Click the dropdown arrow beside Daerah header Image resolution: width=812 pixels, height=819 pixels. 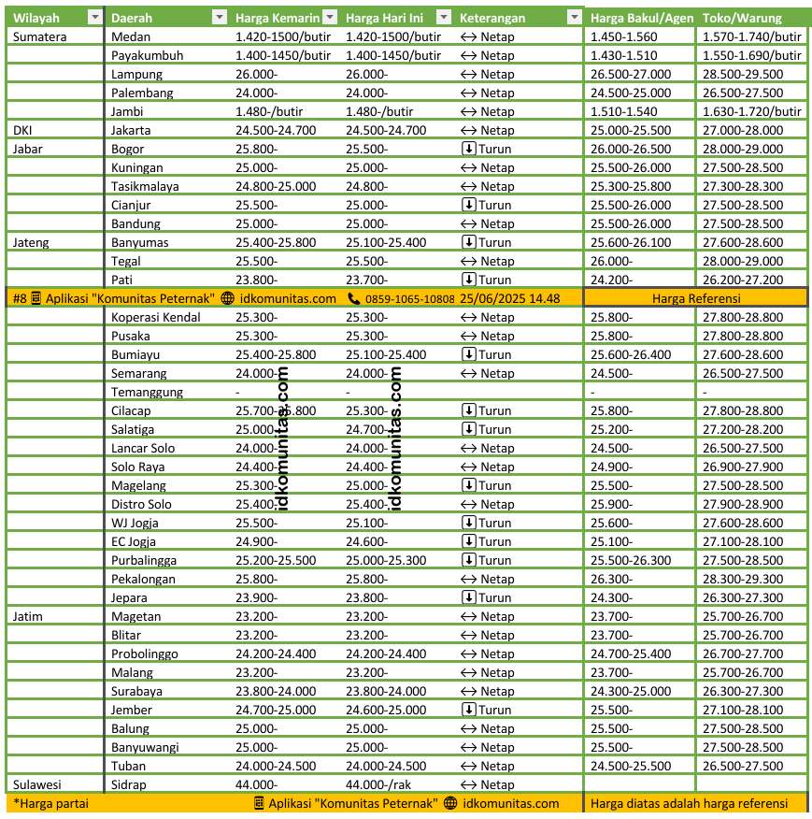tap(219, 18)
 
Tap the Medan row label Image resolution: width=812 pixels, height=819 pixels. tap(130, 36)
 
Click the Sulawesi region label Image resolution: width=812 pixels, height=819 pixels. tap(36, 784)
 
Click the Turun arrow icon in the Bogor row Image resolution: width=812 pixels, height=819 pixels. tap(468, 149)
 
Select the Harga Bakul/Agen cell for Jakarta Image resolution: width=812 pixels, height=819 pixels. tap(631, 130)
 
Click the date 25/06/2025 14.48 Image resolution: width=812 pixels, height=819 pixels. tap(510, 298)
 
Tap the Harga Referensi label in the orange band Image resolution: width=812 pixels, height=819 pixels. tap(696, 298)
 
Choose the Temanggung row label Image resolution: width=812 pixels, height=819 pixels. tap(147, 392)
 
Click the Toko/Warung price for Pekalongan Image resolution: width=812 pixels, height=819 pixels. tap(743, 579)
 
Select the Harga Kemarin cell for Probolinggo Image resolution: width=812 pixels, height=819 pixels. tap(276, 654)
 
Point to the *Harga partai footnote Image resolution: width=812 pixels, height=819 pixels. tap(50, 803)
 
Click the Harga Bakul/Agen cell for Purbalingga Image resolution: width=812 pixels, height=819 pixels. tap(631, 560)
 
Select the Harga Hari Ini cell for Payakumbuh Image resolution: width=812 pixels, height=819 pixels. tap(393, 55)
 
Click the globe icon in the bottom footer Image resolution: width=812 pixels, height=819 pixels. tap(450, 803)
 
